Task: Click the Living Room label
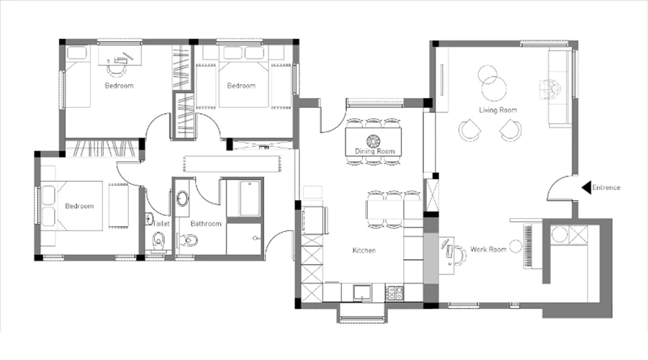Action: pos(498,110)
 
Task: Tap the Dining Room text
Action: pos(375,151)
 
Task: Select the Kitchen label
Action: pos(364,251)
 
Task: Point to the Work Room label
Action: pos(488,249)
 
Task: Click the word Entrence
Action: pos(608,188)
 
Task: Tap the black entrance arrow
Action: pos(586,188)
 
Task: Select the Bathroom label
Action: pos(206,224)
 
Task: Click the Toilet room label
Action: pos(161,224)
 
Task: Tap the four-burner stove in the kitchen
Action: pos(395,292)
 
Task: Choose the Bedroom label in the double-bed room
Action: pos(79,207)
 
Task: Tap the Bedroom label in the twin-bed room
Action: pos(241,86)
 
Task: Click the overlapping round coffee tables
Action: pos(492,81)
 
